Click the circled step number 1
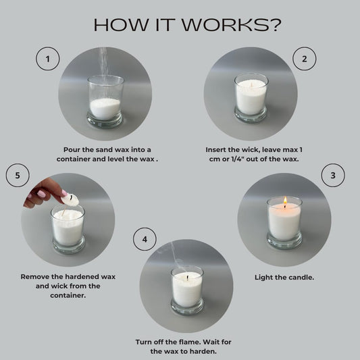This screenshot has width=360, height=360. click(47, 59)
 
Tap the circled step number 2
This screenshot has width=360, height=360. click(304, 59)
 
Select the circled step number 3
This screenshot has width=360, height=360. click(333, 175)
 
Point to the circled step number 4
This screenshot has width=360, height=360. click(145, 239)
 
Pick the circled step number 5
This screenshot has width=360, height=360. click(18, 175)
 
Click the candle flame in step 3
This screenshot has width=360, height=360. click(285, 200)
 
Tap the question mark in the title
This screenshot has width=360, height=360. click(276, 25)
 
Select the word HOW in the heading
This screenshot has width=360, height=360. click(121, 25)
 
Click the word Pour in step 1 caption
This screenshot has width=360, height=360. click(72, 150)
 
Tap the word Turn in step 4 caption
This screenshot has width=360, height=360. click(144, 342)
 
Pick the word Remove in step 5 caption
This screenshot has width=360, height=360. click(34, 277)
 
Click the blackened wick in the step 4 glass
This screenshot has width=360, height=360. click(188, 278)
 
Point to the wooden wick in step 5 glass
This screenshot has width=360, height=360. click(64, 210)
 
